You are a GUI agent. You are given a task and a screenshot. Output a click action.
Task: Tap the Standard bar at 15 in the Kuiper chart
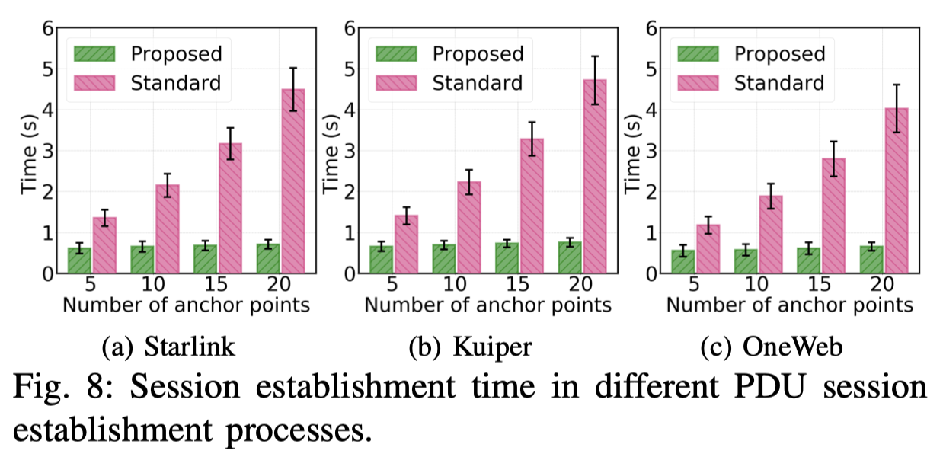tap(532, 205)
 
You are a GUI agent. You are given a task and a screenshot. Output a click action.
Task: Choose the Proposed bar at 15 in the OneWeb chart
tap(809, 260)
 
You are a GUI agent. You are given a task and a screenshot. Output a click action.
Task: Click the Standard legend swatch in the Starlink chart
tap(95, 81)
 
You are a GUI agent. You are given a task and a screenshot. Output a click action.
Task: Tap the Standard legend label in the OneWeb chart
tap(779, 81)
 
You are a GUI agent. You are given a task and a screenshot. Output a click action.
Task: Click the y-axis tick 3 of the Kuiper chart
tap(349, 151)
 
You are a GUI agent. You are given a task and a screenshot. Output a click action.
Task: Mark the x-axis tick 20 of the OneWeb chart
tap(883, 286)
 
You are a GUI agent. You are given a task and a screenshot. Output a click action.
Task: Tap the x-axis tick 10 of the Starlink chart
tap(154, 286)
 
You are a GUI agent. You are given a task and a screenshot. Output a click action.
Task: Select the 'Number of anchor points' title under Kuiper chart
tap(487, 305)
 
